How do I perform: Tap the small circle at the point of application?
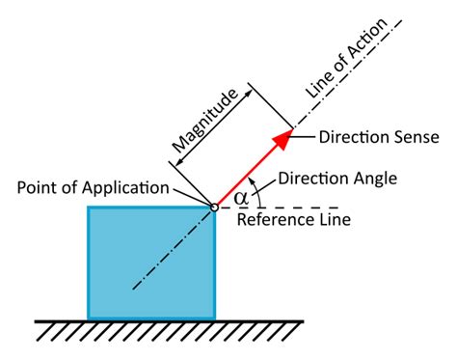click(x=215, y=205)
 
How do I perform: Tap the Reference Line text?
click(x=293, y=220)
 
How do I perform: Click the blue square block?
click(x=151, y=262)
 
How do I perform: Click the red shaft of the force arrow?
click(x=247, y=174)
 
